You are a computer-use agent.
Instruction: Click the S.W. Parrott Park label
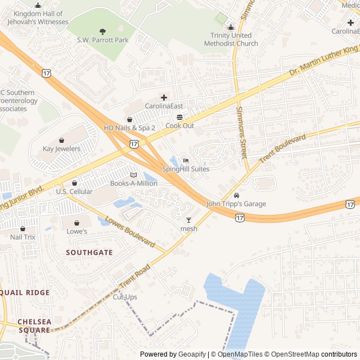pyautogui.click(x=103, y=40)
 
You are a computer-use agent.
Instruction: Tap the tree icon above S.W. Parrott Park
pyautogui.click(x=102, y=31)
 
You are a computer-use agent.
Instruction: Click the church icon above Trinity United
pyautogui.click(x=230, y=28)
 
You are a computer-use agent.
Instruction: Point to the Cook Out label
pyautogui.click(x=179, y=125)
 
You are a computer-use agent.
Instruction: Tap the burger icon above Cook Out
pyautogui.click(x=179, y=117)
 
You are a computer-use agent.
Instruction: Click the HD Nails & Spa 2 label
pyautogui.click(x=129, y=128)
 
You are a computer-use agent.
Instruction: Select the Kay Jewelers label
pyautogui.click(x=62, y=148)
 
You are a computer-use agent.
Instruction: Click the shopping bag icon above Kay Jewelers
pyautogui.click(x=61, y=140)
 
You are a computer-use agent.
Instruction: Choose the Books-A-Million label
pyautogui.click(x=134, y=183)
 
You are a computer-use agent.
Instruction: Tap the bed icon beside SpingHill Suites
pyautogui.click(x=186, y=160)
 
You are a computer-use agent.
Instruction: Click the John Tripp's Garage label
pyautogui.click(x=236, y=204)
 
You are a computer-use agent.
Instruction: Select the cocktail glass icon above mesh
pyautogui.click(x=188, y=220)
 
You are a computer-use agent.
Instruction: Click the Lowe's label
pyautogui.click(x=77, y=231)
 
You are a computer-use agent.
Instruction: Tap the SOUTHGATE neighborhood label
pyautogui.click(x=89, y=253)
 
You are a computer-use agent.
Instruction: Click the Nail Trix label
pyautogui.click(x=22, y=237)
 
